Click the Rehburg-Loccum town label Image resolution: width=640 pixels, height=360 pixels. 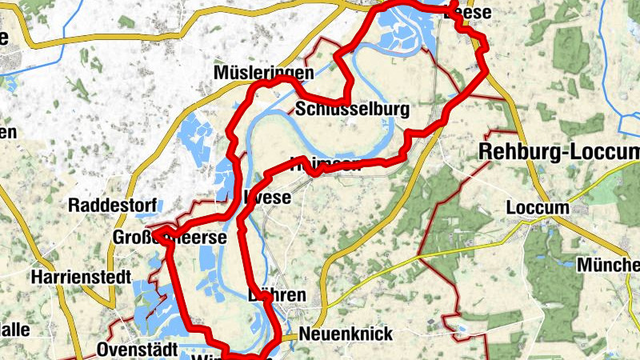click(x=558, y=151)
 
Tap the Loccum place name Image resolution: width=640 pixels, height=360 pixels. click(x=537, y=208)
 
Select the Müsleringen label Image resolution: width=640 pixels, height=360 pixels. click(x=262, y=74)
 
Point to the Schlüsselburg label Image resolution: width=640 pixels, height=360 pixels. click(x=352, y=109)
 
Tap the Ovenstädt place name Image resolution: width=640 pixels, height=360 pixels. click(x=134, y=350)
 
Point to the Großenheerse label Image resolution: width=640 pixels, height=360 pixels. click(x=170, y=238)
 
